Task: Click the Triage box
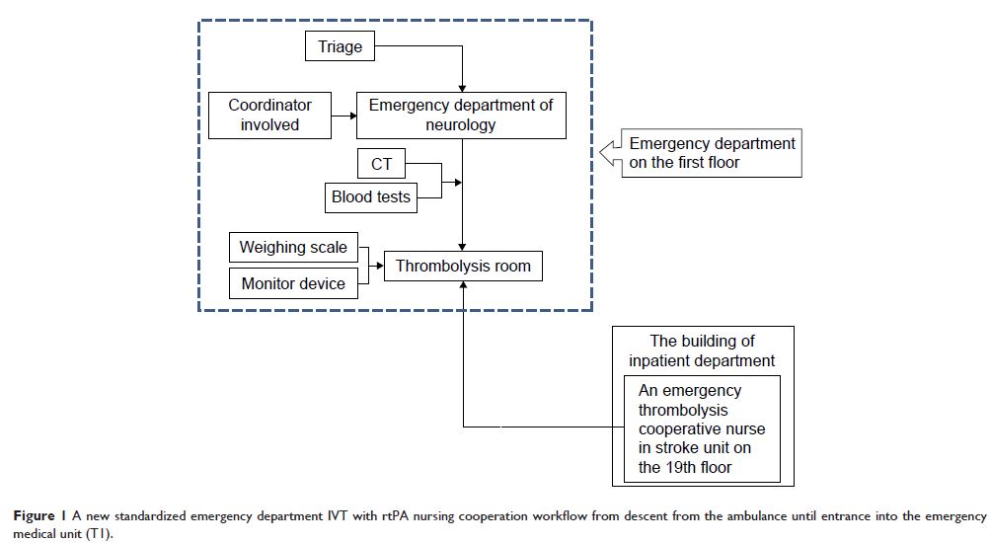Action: tap(340, 45)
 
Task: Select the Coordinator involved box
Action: tap(269, 115)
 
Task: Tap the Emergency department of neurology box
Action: tap(461, 115)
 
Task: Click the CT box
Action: tap(381, 165)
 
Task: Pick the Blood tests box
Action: tap(371, 197)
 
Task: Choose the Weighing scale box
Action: tap(293, 247)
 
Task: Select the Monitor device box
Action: tap(293, 283)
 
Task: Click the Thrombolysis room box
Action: tap(463, 266)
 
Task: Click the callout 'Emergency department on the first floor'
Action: tap(712, 153)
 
